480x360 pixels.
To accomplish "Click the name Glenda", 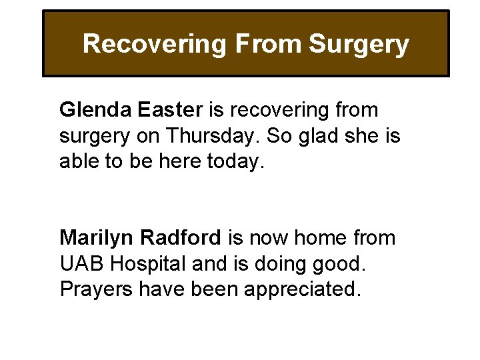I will [92, 109].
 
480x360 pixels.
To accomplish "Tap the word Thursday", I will [213, 136].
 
